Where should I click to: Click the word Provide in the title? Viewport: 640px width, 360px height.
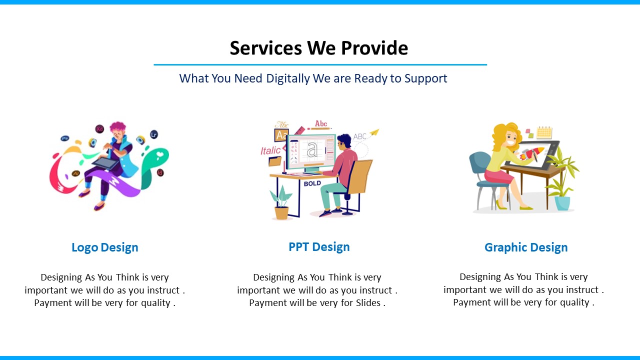[374, 47]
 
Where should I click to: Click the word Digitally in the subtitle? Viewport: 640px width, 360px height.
[287, 78]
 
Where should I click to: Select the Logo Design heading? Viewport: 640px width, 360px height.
[105, 247]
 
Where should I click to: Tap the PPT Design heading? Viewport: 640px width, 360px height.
[319, 247]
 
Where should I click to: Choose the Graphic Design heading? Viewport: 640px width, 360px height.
[526, 247]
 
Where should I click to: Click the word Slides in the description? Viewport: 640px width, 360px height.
[368, 302]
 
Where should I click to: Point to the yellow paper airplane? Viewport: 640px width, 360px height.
[374, 132]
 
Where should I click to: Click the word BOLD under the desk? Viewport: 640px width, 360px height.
[312, 183]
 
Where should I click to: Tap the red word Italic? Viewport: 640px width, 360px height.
[270, 150]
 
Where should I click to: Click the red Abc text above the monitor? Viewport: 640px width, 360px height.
[321, 123]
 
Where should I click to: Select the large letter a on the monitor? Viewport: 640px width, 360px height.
[312, 149]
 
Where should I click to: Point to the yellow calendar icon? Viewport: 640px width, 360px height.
[544, 132]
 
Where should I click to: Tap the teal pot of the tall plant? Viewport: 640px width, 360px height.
[562, 203]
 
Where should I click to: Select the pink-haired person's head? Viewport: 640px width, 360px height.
[118, 130]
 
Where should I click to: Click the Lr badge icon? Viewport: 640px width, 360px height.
[154, 134]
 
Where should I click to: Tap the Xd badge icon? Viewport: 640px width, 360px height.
[99, 129]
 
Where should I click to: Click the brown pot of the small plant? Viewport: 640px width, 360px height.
[281, 213]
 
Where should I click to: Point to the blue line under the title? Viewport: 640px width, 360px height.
[320, 65]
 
